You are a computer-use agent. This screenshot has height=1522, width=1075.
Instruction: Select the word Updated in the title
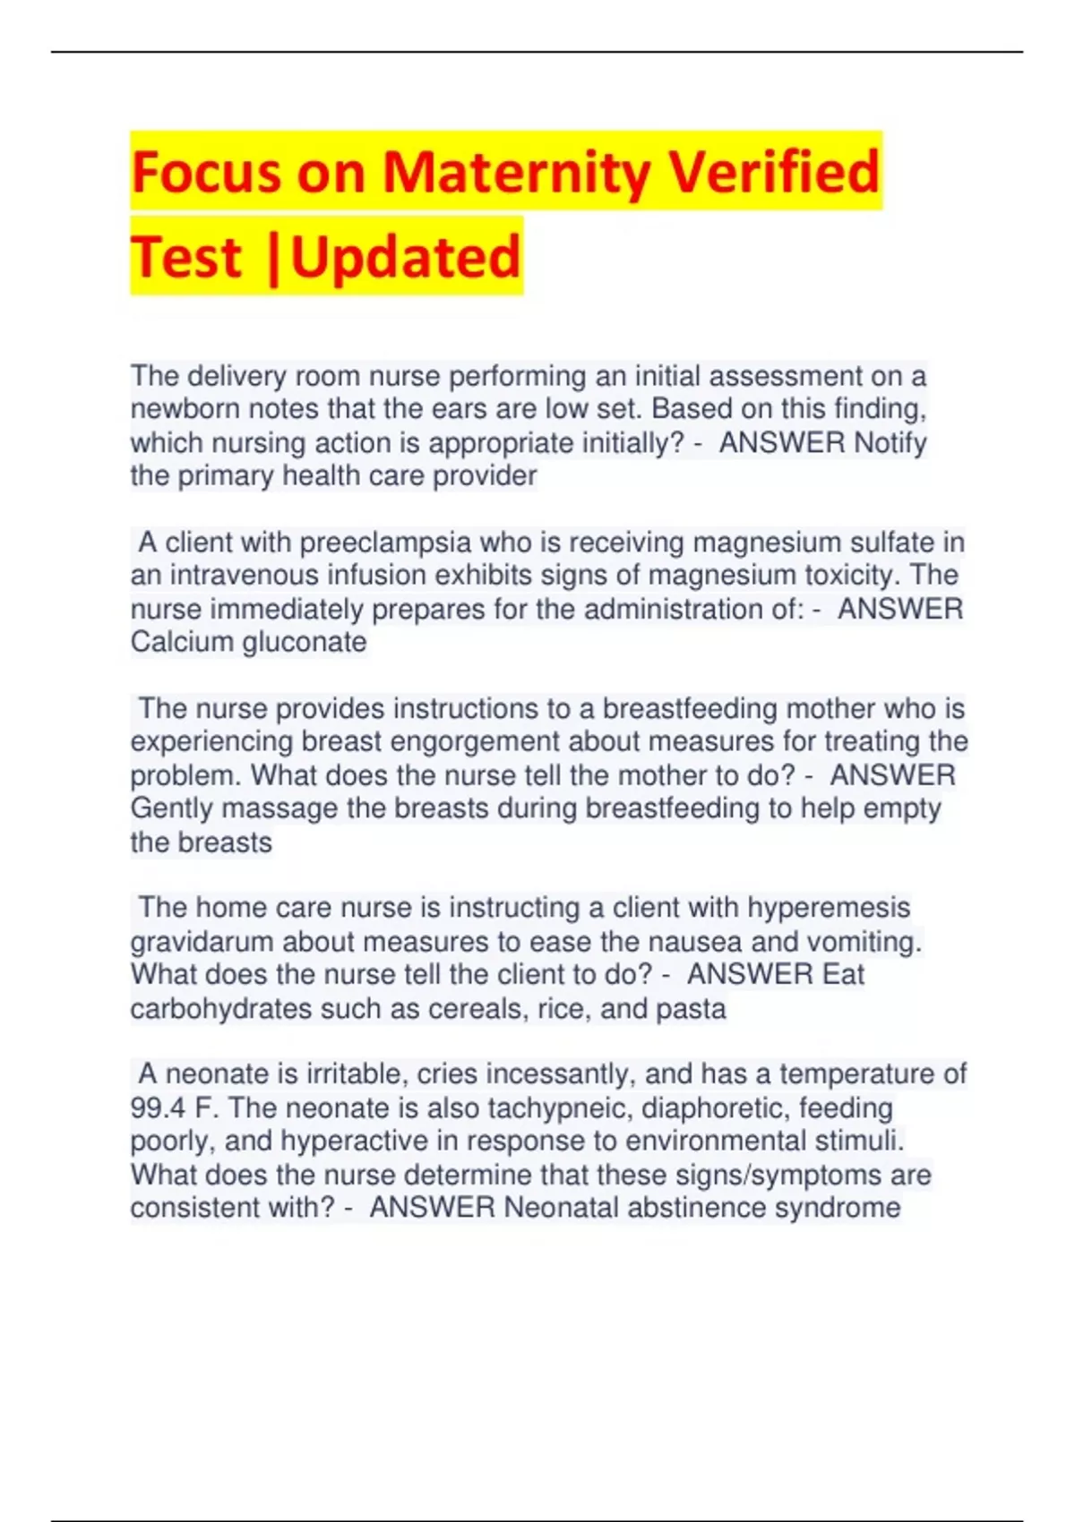405,256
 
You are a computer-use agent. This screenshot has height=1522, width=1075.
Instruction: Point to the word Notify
890,442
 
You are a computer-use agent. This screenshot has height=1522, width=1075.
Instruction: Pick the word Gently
171,808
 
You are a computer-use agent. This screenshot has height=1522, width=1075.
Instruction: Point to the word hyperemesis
829,908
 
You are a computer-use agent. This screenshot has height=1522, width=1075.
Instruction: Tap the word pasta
691,1009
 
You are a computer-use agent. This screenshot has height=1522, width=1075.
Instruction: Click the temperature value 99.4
158,1108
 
